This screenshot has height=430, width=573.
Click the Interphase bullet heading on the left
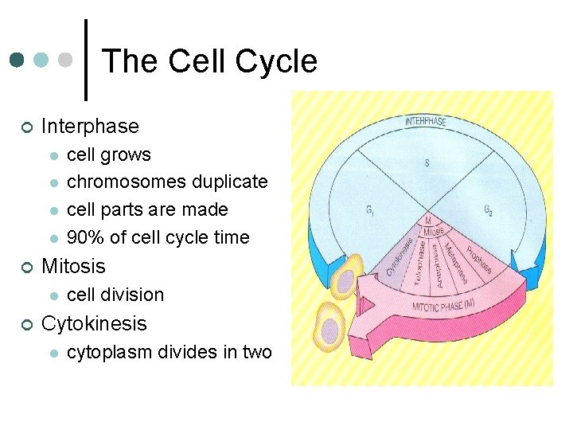(90, 126)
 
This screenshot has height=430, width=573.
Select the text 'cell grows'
(109, 154)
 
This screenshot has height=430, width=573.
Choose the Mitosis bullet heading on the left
(73, 266)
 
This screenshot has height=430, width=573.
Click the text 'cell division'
(115, 295)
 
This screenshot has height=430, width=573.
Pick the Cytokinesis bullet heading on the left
(94, 323)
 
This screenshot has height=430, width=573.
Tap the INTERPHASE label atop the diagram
(426, 122)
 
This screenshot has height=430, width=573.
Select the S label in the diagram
(427, 163)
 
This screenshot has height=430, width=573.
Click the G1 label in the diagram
(370, 211)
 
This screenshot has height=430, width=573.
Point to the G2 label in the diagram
(488, 209)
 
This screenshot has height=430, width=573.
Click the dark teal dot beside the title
(17, 61)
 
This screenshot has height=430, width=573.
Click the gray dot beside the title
(67, 61)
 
